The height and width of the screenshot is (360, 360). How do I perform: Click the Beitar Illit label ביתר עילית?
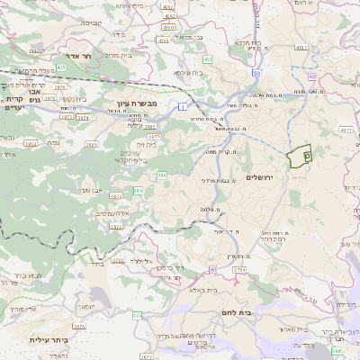[x=48, y=340]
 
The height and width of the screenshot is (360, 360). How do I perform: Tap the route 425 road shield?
[x=61, y=67]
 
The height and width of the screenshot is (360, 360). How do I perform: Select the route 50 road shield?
[x=256, y=73]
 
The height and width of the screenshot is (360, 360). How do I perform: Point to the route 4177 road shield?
[x=346, y=130]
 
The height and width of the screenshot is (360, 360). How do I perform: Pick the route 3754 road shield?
[x=239, y=269]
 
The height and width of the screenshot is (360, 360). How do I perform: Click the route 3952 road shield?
[x=31, y=143]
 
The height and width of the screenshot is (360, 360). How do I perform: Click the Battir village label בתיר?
[x=99, y=265]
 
